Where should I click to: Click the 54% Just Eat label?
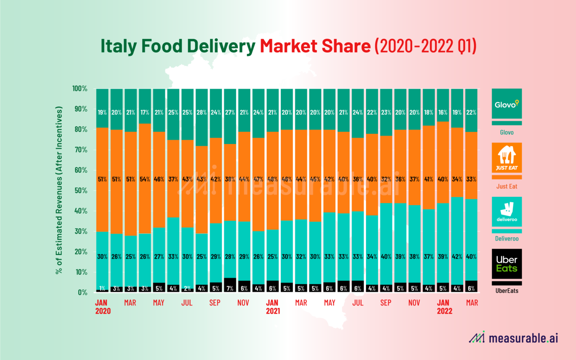coord(145,179)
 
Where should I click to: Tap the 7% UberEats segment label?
coord(230,288)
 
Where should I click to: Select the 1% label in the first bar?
coord(102,288)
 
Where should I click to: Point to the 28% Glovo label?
coord(201,112)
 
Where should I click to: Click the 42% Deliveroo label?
coord(457,257)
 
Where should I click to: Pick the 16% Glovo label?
coord(442,112)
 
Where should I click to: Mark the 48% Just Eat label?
coord(272,179)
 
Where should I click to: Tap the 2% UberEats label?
coord(187,288)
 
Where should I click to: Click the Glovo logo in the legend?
coord(507,104)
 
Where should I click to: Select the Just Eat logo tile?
coord(507,157)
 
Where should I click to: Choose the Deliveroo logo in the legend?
coord(507,211)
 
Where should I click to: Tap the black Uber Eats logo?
coord(507,264)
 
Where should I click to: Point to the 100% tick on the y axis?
coord(79,88)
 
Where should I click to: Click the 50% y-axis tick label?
coord(81,190)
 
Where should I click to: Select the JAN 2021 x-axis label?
coord(273,307)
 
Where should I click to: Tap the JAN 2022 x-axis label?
coord(444,307)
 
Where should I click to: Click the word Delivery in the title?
coord(221,46)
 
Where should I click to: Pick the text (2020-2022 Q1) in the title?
coord(425,46)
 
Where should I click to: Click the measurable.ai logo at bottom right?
coord(513,338)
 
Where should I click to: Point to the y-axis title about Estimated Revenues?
coord(59,190)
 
